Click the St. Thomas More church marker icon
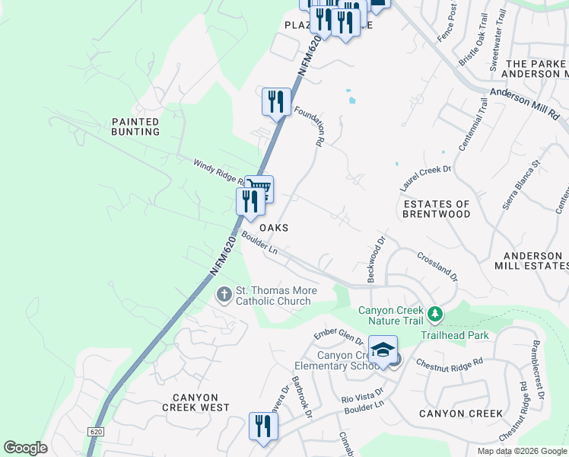224,294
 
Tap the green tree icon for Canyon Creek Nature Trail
434,314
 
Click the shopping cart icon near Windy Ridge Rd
259,187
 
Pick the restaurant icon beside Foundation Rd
276,101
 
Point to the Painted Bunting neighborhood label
135,126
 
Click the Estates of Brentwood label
437,209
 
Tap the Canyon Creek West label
195,402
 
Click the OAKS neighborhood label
274,228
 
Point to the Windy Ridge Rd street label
218,173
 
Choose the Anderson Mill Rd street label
524,103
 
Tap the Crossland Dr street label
437,266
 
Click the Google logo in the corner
25,448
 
